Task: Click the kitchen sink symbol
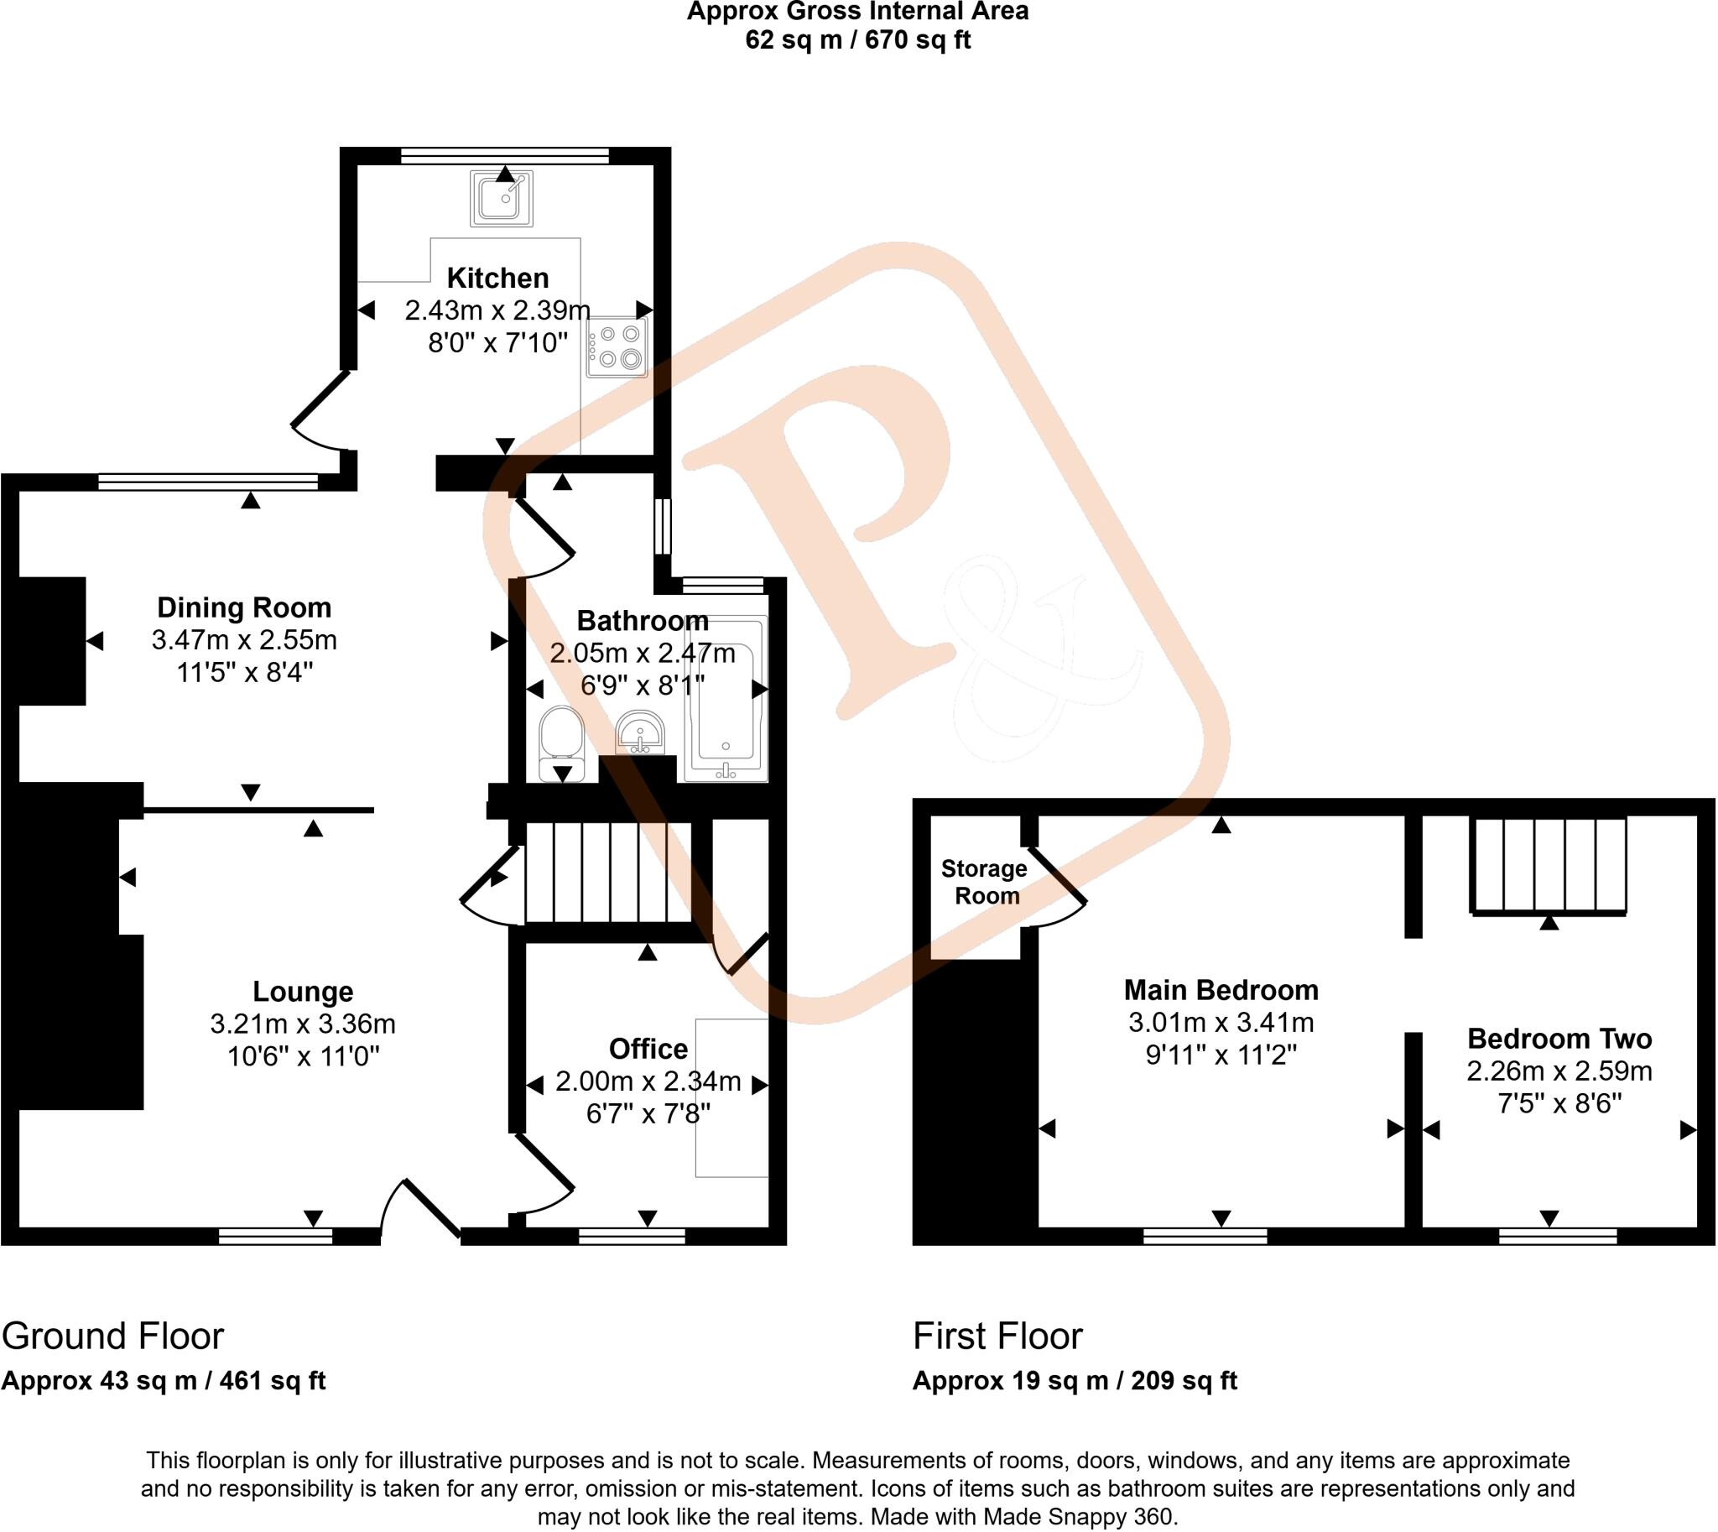point(501,198)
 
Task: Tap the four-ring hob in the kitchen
point(617,347)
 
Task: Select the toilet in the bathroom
point(561,743)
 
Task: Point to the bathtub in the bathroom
point(726,699)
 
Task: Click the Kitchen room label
point(497,278)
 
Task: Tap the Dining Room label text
point(244,607)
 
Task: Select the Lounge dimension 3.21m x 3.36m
point(302,1024)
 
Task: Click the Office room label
point(648,1049)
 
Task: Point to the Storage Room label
point(984,881)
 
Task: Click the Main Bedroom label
point(1221,990)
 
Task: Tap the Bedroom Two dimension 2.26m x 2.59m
point(1559,1071)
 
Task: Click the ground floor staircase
point(609,872)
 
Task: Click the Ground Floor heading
point(112,1336)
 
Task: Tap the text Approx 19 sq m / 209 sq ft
point(1074,1381)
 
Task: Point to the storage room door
point(1056,883)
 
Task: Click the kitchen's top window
point(504,156)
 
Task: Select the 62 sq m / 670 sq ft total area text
point(857,39)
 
